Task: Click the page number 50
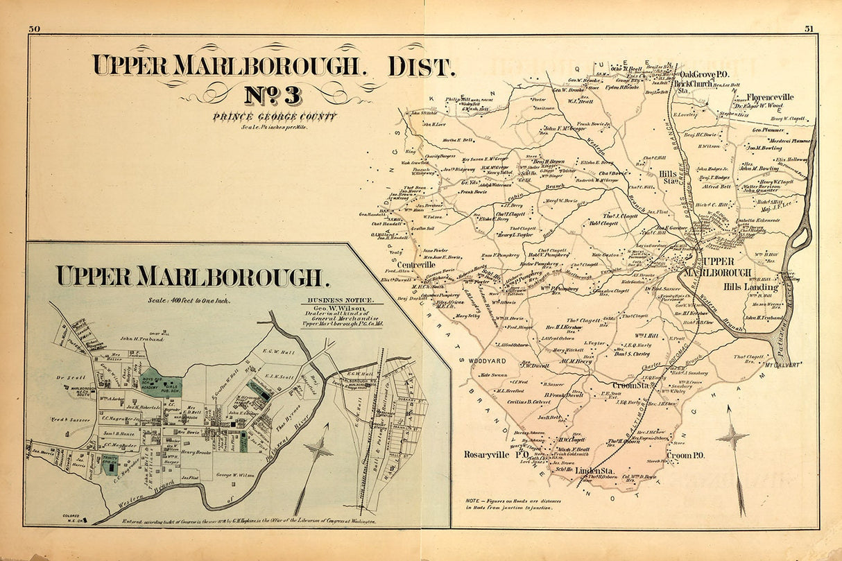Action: click(35, 29)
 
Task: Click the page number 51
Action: click(809, 29)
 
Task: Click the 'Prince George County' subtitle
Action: click(275, 116)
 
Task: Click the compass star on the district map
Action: click(732, 438)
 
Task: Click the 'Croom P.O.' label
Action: click(685, 456)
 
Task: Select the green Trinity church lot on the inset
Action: click(110, 465)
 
